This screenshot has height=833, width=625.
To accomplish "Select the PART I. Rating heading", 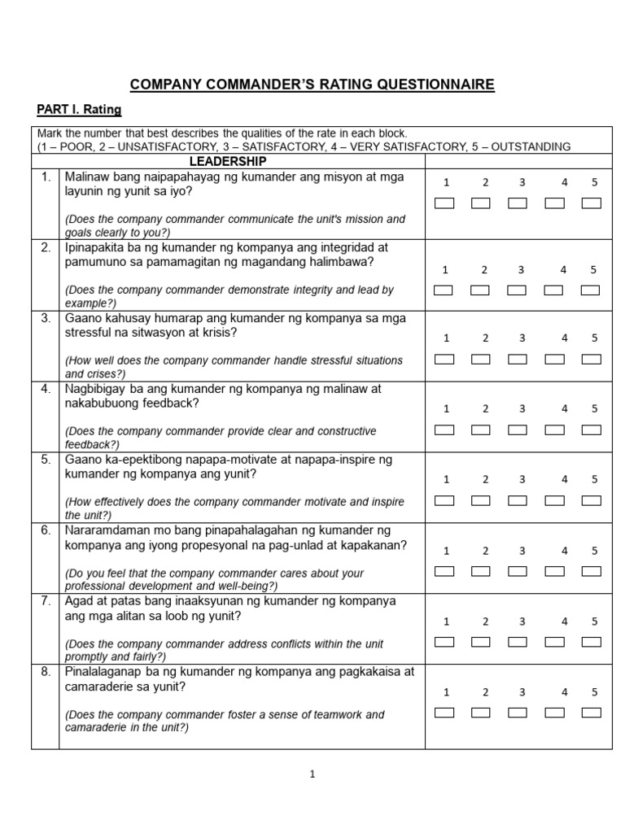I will tap(79, 109).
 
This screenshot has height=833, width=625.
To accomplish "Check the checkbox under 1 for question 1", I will tap(444, 203).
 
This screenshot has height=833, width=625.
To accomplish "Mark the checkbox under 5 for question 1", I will tap(592, 203).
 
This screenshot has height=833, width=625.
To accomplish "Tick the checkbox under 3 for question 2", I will tap(518, 290).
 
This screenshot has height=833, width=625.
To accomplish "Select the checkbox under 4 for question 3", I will tap(555, 359).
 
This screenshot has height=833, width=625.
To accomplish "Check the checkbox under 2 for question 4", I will tap(481, 430).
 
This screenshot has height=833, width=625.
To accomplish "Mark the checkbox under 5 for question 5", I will tap(592, 500).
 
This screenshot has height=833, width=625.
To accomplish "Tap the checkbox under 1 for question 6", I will tap(444, 571).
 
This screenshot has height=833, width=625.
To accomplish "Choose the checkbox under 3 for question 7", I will tap(518, 642).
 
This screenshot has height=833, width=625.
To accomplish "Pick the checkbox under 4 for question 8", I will tap(555, 713).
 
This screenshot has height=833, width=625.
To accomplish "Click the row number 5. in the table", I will tap(46, 460).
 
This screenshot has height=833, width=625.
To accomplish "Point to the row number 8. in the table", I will tap(46, 672).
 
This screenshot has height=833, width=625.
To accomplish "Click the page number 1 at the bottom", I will tap(312, 774).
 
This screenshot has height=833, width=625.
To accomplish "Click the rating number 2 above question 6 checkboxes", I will tap(484, 551).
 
